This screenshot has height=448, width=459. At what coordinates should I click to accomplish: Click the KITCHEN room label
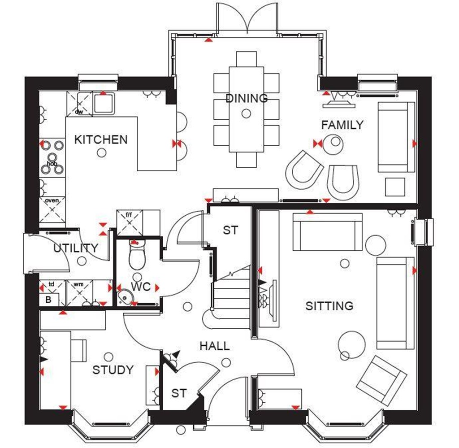click(101, 139)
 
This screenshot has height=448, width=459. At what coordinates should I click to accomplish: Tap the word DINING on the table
click(246, 98)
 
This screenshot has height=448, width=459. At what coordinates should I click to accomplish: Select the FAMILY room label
click(342, 125)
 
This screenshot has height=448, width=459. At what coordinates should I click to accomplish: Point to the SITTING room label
click(329, 306)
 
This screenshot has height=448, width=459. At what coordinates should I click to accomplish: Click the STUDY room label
click(113, 370)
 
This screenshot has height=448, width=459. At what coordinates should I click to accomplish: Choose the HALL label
click(214, 346)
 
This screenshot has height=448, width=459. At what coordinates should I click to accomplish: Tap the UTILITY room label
click(76, 248)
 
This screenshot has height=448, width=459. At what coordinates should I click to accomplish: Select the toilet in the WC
click(137, 256)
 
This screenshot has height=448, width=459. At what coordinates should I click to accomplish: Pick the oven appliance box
click(52, 209)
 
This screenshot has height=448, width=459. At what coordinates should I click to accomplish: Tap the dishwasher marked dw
click(79, 104)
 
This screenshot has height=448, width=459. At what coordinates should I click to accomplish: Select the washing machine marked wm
click(79, 291)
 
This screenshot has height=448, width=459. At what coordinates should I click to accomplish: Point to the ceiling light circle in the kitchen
click(102, 153)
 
